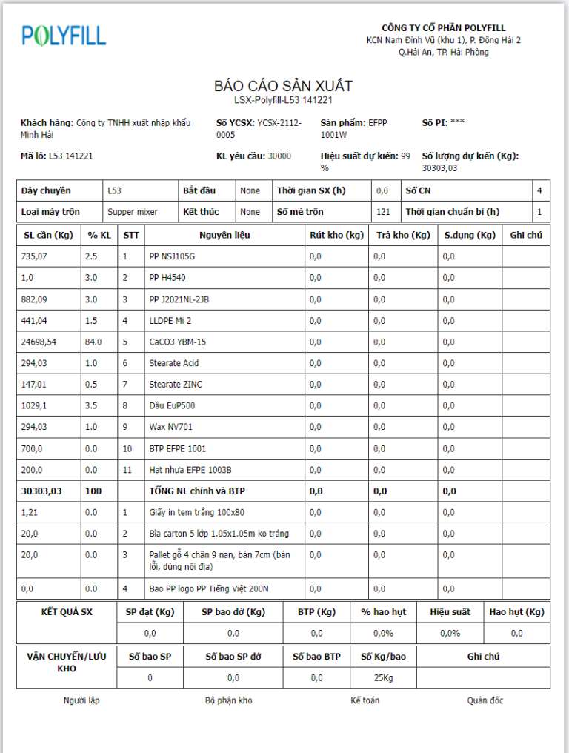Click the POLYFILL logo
tap(64, 35)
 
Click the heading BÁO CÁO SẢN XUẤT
tap(284, 86)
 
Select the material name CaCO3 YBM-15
tap(178, 342)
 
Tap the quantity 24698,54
tap(41, 342)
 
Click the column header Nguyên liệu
tap(224, 235)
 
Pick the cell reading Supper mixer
tap(133, 212)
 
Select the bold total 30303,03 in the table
tap(42, 491)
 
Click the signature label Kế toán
tap(365, 700)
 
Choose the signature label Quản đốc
tap(485, 700)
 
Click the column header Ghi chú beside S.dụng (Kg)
tap(526, 235)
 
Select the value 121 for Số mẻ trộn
tap(383, 212)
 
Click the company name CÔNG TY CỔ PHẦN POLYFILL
tap(444, 28)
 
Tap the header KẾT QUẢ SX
tap(66, 611)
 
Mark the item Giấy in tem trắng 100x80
tap(197, 512)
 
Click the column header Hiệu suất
tap(450, 611)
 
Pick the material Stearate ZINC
tap(176, 384)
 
